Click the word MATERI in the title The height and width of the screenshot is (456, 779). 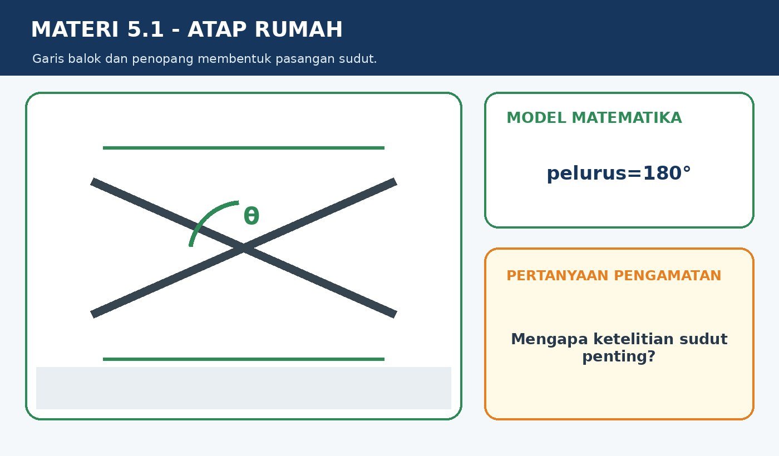click(x=75, y=29)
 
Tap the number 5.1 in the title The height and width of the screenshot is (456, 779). click(x=145, y=29)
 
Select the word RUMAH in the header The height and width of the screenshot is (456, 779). click(x=299, y=29)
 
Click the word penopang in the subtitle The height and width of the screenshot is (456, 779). click(x=162, y=59)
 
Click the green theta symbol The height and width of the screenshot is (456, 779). click(x=252, y=216)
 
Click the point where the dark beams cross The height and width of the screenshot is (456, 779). click(x=244, y=248)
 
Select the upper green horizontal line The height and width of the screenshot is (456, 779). click(x=244, y=148)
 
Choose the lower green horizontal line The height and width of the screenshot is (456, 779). click(x=244, y=359)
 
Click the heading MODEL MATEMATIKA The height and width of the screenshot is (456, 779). click(x=594, y=118)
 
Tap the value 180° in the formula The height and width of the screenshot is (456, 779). click(x=667, y=173)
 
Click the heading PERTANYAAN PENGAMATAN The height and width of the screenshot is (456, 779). click(x=614, y=276)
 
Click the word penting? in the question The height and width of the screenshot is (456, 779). click(x=619, y=356)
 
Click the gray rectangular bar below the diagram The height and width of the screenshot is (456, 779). click(x=244, y=388)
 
